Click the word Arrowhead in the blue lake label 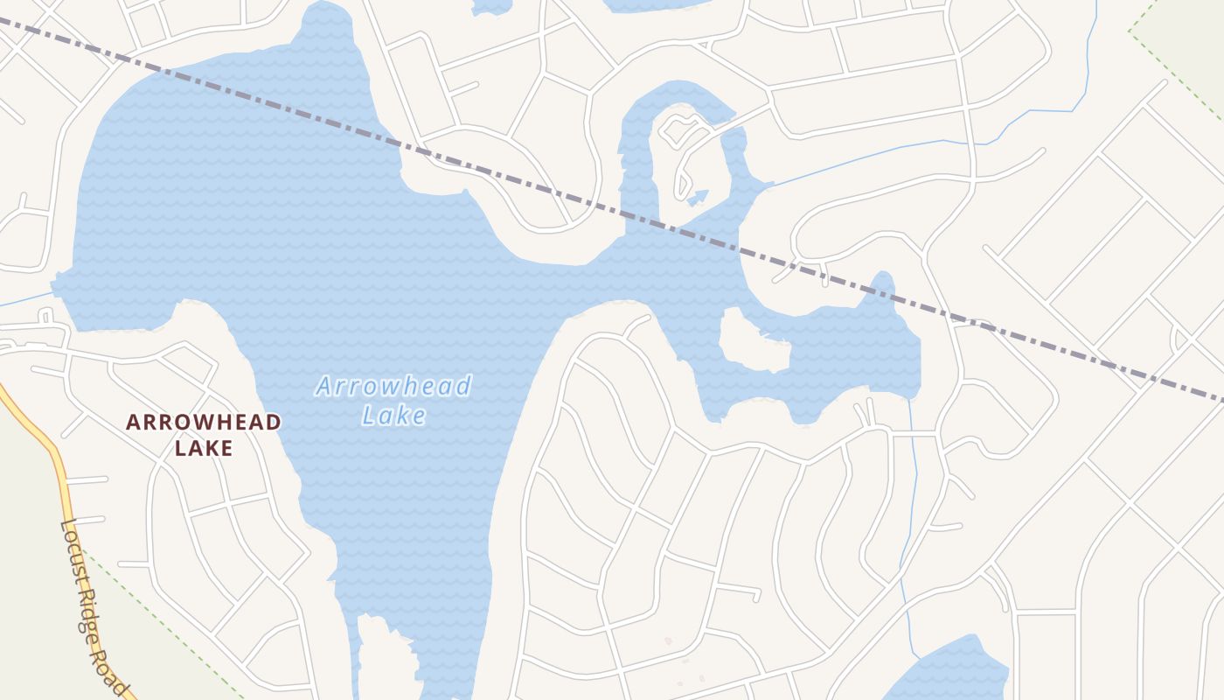(x=393, y=386)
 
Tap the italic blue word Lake (x=394, y=416)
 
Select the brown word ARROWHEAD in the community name (x=204, y=423)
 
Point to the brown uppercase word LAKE (x=204, y=449)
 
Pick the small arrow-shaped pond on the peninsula (x=698, y=197)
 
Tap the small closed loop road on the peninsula (x=678, y=130)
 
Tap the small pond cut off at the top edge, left (x=491, y=6)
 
